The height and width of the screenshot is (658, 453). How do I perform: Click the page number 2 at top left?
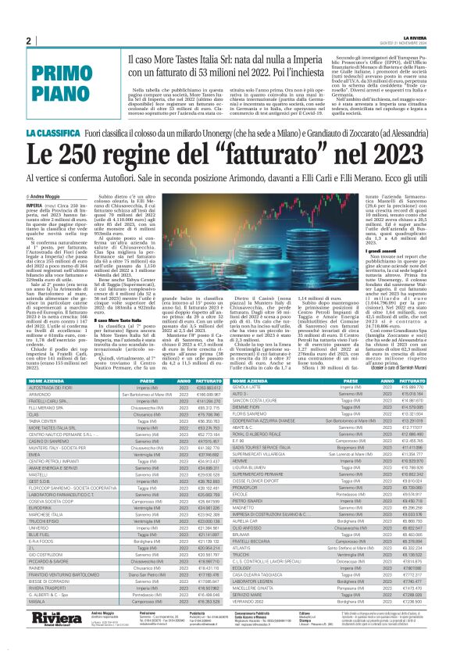coord(28,41)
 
